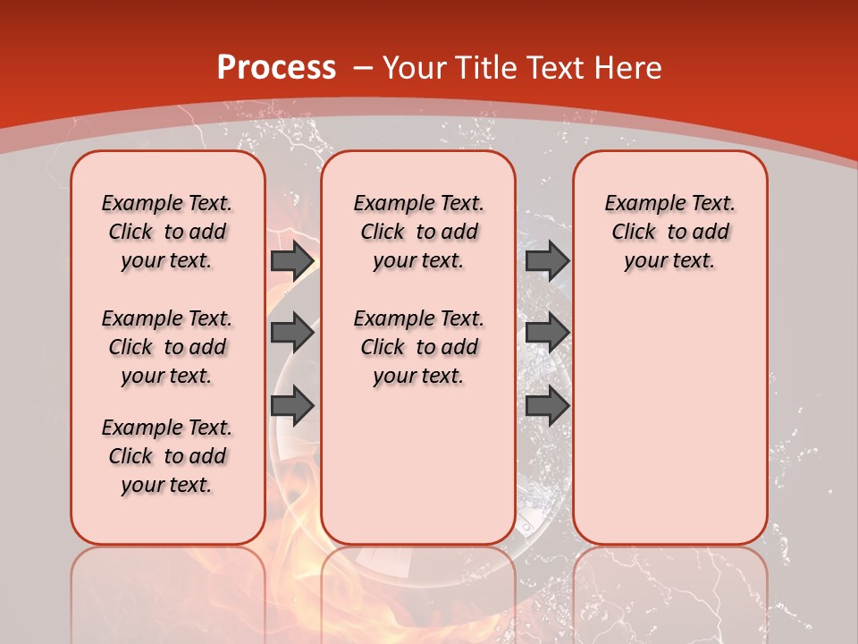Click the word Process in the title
pyautogui.click(x=276, y=68)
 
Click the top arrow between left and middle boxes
pyautogui.click(x=292, y=260)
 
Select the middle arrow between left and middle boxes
pyautogui.click(x=292, y=333)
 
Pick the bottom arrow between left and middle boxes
pyautogui.click(x=292, y=406)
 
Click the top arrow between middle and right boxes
pyautogui.click(x=547, y=260)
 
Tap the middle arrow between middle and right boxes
pyautogui.click(x=547, y=333)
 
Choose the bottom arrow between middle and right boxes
pyautogui.click(x=547, y=406)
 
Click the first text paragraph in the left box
pyautogui.click(x=167, y=233)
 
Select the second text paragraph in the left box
pyautogui.click(x=167, y=347)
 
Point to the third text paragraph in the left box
pyautogui.click(x=167, y=456)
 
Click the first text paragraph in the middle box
pyautogui.click(x=418, y=233)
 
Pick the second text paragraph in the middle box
pyautogui.click(x=418, y=347)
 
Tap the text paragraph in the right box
pyautogui.click(x=669, y=233)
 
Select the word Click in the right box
pyautogui.click(x=634, y=233)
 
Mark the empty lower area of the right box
pyautogui.click(x=669, y=429)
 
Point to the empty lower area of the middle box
pyautogui.click(x=418, y=465)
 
